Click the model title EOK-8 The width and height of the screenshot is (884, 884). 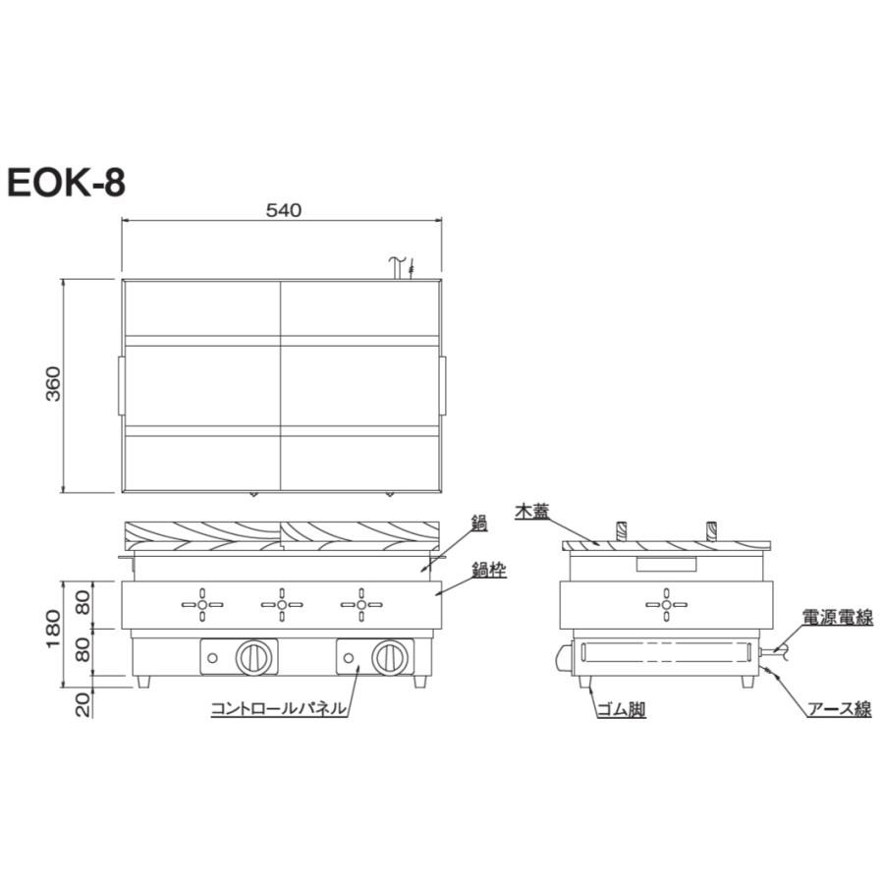tap(66, 183)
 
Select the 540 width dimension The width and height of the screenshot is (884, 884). tap(283, 209)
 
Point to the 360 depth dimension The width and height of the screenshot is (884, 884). tap(54, 386)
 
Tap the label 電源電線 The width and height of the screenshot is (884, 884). tap(837, 618)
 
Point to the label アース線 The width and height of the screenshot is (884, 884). tap(837, 709)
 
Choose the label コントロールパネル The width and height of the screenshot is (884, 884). tap(278, 707)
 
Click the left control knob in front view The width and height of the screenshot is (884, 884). tap(254, 656)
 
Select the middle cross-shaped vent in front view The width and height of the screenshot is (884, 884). tap(282, 605)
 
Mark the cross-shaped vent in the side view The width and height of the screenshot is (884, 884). tap(666, 605)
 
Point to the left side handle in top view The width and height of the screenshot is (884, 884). tap(120, 386)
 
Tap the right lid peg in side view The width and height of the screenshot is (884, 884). tap(711, 531)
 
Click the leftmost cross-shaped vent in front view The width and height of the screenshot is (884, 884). tap(202, 605)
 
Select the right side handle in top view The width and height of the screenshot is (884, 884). tap(443, 386)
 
